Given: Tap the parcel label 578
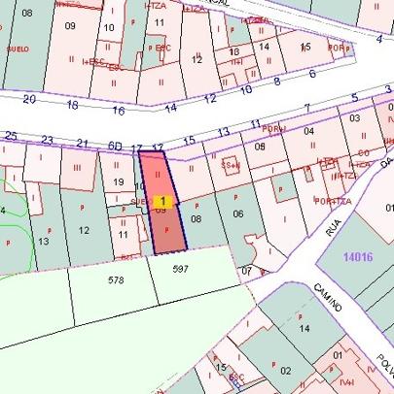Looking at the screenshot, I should point(116,279).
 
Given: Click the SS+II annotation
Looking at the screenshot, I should point(231,165).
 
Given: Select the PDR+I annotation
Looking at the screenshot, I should point(273,129).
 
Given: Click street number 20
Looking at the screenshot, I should point(29,99).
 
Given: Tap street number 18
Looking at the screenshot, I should point(72,104).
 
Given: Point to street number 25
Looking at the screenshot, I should point(11,135).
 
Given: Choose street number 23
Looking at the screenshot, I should point(47,140).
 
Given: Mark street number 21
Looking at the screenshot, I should point(82,144).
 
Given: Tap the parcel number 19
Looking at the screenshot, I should point(119,181).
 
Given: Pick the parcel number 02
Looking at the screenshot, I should point(285,370).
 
